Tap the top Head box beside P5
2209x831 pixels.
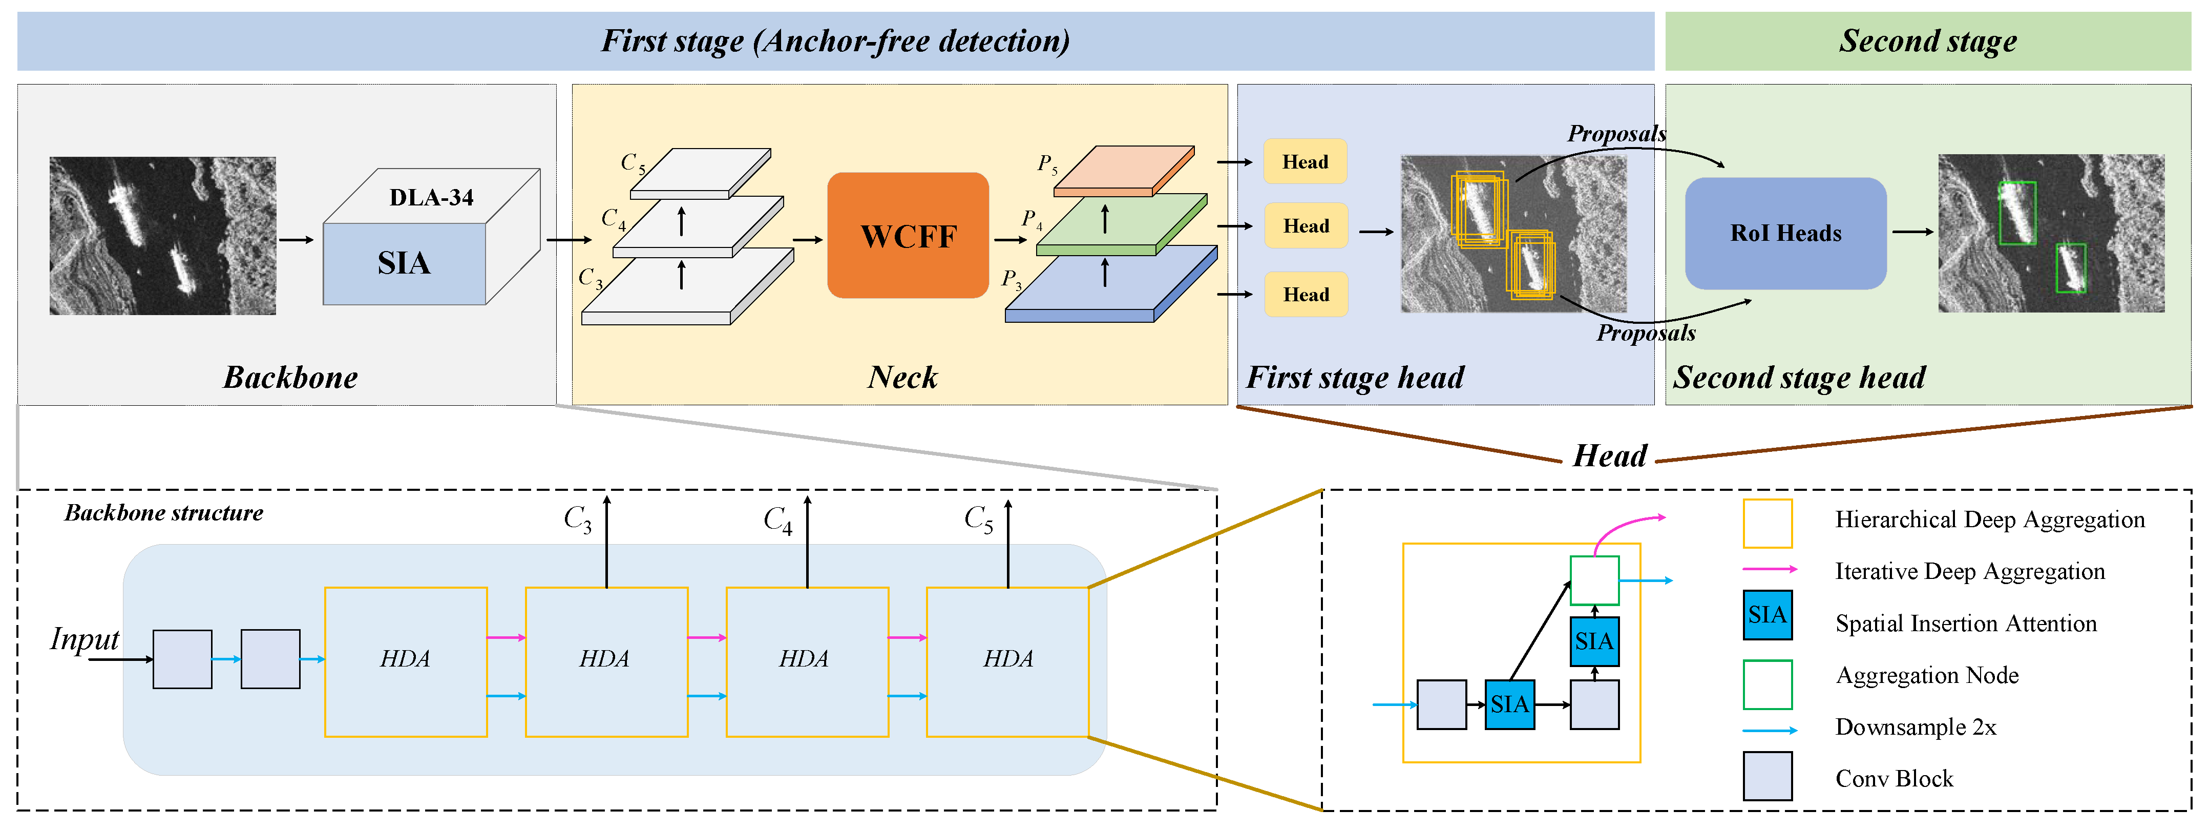pos(1305,161)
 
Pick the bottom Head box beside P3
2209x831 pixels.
pos(1305,294)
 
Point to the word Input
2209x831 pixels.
pos(84,639)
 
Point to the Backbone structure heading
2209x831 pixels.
pos(164,513)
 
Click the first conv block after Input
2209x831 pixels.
pos(182,659)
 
